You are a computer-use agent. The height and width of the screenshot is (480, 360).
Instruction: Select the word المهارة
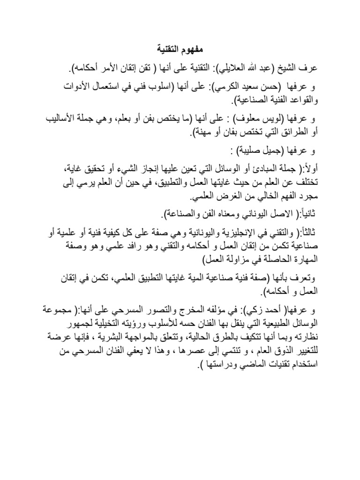[304, 259]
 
